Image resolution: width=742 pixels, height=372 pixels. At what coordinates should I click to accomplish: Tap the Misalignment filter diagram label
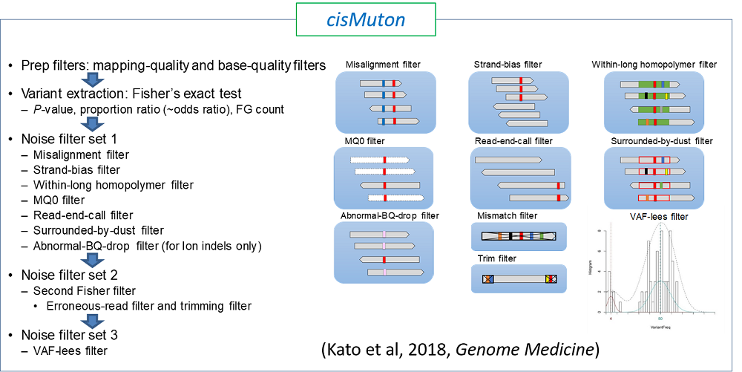383,65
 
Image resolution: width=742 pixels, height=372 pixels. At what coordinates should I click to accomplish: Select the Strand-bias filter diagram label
508,65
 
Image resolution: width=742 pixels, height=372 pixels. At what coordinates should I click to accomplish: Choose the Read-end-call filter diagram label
514,140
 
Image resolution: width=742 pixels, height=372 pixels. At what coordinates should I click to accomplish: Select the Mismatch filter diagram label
508,216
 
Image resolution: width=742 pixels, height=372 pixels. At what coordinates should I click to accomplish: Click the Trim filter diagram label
498,258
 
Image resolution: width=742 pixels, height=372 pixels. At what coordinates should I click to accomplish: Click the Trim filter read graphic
519,279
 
